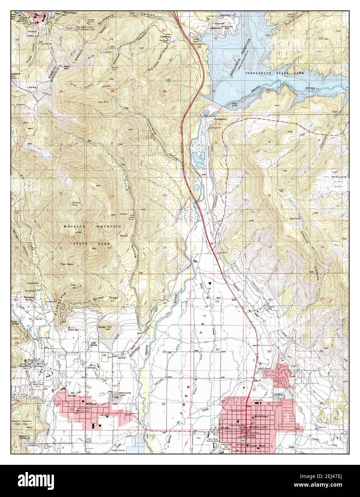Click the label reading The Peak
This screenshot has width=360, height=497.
click(x=66, y=264)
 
